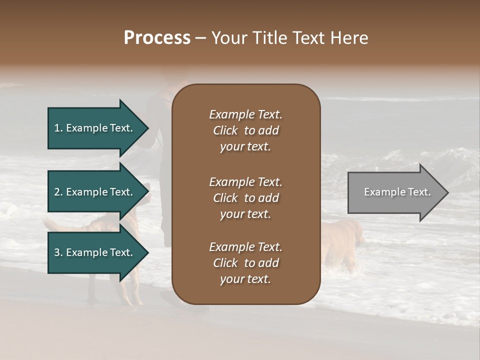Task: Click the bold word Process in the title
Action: [x=157, y=38]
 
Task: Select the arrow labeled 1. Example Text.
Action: [x=95, y=128]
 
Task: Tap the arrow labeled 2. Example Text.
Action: [x=95, y=192]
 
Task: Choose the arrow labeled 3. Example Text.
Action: [x=95, y=252]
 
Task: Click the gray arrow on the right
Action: [x=395, y=192]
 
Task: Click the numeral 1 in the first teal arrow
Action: [x=57, y=128]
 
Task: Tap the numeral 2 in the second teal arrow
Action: [x=57, y=192]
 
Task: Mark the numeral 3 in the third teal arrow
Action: [x=57, y=252]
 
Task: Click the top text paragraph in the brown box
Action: [x=245, y=130]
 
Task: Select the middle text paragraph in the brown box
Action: [x=245, y=198]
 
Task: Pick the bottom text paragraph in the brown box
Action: [x=245, y=263]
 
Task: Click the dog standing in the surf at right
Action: [x=344, y=242]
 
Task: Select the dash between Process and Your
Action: [x=200, y=38]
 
